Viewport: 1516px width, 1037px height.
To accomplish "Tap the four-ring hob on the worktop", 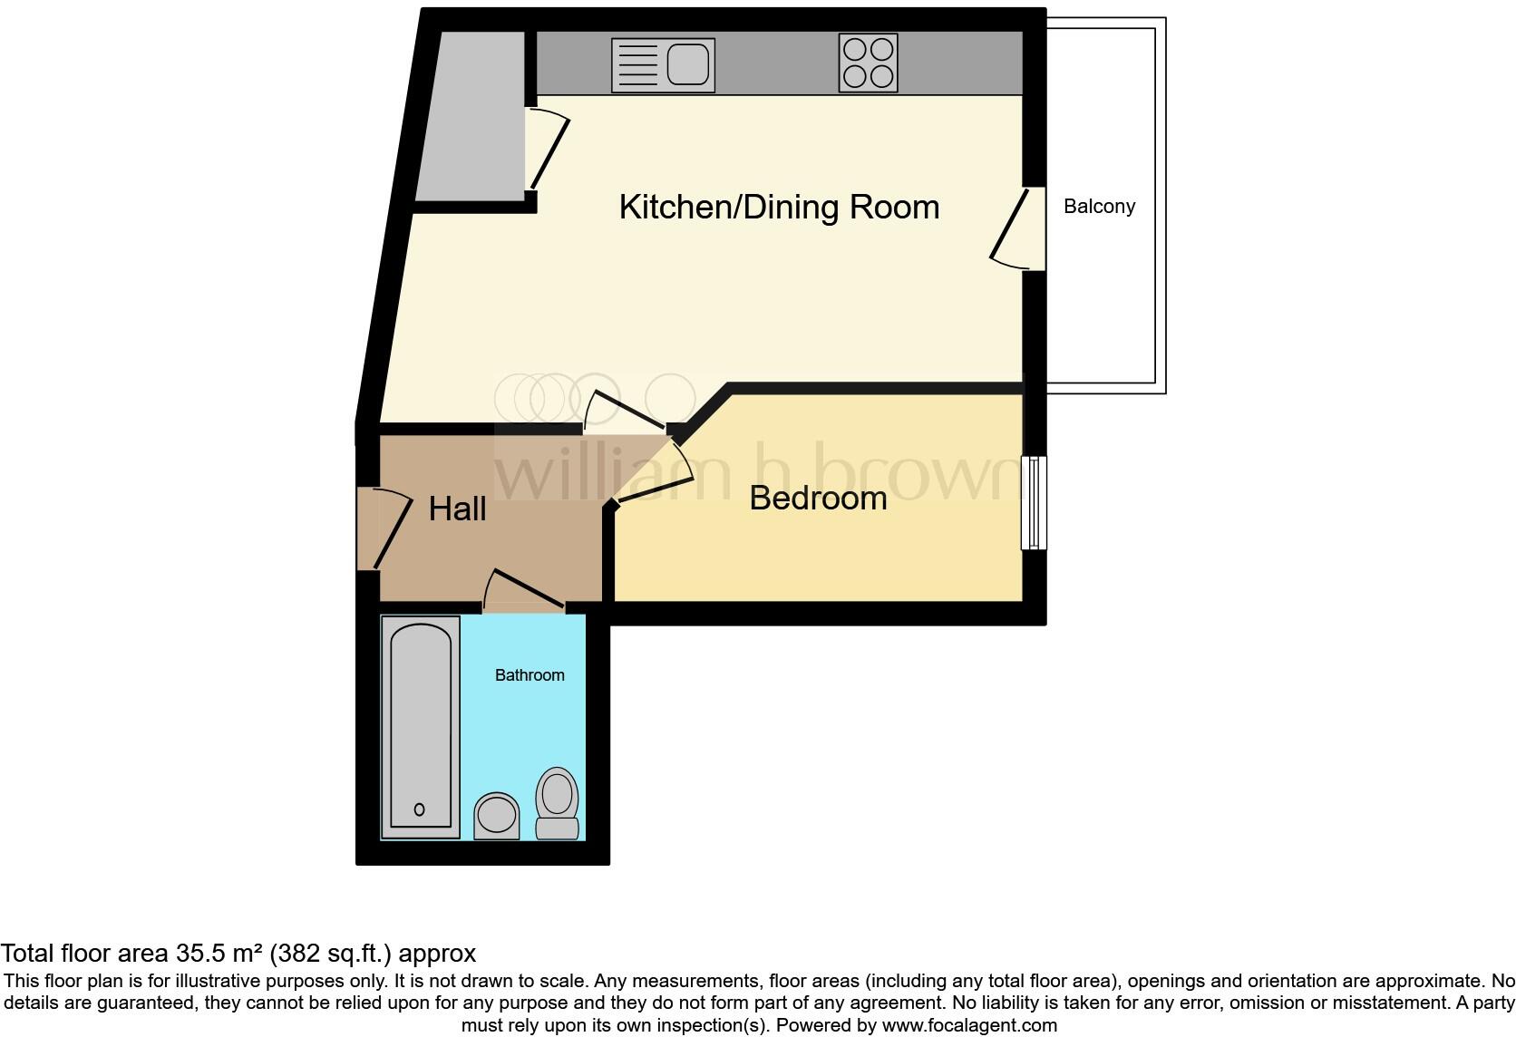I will pyautogui.click(x=868, y=63).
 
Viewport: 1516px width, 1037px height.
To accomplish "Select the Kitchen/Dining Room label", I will pyautogui.click(x=779, y=207).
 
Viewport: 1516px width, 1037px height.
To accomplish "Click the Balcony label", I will pyautogui.click(x=1099, y=207).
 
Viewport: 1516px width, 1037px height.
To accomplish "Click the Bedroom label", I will pyautogui.click(x=818, y=498).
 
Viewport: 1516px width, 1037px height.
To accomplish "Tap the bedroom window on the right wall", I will pyautogui.click(x=1034, y=503).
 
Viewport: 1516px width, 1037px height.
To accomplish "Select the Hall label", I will pyautogui.click(x=457, y=509).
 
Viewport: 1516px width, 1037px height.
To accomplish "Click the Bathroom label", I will pyautogui.click(x=530, y=675).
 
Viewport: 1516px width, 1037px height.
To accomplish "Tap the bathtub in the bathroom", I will pyautogui.click(x=420, y=725).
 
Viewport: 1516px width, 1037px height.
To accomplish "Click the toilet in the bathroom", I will pyautogui.click(x=557, y=804).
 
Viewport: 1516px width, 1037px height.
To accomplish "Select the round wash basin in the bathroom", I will pyautogui.click(x=497, y=814).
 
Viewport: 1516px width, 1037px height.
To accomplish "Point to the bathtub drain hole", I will pyautogui.click(x=419, y=809).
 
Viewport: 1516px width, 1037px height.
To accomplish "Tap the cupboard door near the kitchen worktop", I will pyautogui.click(x=548, y=150).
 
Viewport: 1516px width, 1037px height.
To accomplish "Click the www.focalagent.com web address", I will pyautogui.click(x=969, y=1025).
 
